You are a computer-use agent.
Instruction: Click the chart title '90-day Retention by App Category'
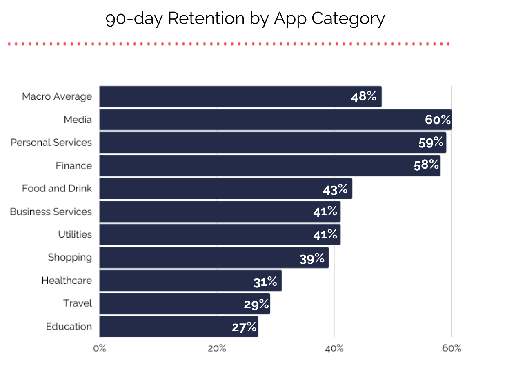pos(245,19)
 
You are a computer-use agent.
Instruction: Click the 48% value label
pos(363,97)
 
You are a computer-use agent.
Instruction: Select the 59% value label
pos(431,142)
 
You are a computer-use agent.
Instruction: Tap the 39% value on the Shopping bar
pos(312,258)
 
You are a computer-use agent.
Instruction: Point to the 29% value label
pos(257,304)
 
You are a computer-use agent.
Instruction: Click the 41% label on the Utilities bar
pos(325,234)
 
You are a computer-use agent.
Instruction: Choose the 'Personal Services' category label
pos(51,143)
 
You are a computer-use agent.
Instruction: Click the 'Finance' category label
pos(74,165)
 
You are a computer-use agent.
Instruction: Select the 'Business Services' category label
pos(51,212)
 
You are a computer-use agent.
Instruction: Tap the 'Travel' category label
pos(78,303)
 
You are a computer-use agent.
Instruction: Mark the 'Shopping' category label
pos(70,257)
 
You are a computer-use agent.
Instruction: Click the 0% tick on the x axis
pos(99,348)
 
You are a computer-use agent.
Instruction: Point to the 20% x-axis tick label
pos(217,348)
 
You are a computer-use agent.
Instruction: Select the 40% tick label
pos(334,348)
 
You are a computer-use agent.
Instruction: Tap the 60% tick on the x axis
pos(452,348)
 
